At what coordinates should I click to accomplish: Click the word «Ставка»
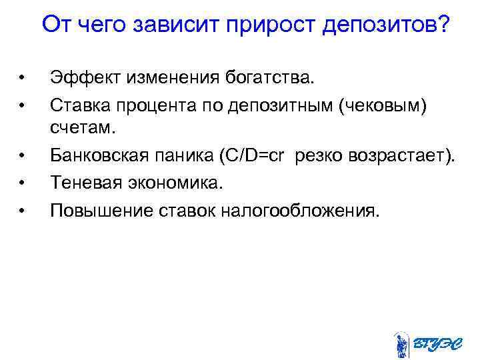click(77, 105)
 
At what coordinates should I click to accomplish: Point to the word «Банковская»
click(101, 157)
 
